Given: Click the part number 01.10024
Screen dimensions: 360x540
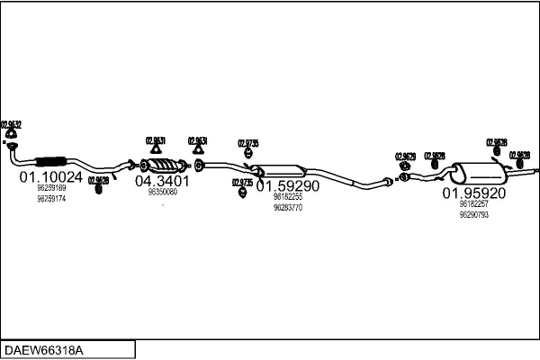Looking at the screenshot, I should (x=51, y=177).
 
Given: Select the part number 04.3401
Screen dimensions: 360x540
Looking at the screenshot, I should (x=163, y=181).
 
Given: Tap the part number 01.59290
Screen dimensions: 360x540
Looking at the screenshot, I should (x=288, y=186).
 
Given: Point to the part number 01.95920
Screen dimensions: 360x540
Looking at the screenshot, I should (x=473, y=193).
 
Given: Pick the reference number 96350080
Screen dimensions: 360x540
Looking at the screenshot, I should (x=163, y=193).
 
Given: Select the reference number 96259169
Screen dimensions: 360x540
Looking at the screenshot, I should (x=50, y=189).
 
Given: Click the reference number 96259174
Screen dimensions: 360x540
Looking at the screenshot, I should (x=50, y=198).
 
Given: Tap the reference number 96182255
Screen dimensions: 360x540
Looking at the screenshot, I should (x=287, y=197).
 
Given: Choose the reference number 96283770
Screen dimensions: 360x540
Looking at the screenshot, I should (x=287, y=207).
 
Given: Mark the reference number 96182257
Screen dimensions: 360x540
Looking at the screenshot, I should (x=473, y=204).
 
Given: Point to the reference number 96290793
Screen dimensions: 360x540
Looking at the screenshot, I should (x=473, y=214).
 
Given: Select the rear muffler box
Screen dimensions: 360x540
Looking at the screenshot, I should (x=477, y=172).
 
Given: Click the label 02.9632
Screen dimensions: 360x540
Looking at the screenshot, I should (x=12, y=124).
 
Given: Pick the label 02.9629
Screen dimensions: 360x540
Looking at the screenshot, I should (x=405, y=157).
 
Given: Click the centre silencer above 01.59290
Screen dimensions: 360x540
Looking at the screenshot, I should (x=281, y=171).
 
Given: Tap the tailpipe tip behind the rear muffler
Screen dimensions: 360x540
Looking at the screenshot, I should (x=533, y=168).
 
